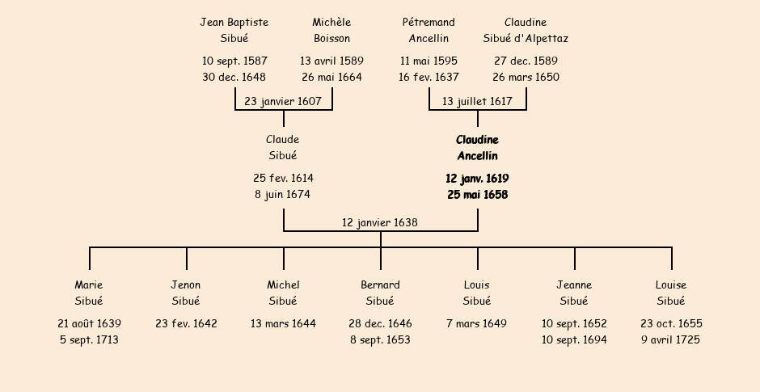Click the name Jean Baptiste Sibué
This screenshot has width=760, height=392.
tap(234, 30)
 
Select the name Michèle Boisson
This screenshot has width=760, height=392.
tap(331, 30)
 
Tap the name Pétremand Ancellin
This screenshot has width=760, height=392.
tap(429, 30)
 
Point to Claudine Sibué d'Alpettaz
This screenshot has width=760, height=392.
tap(526, 30)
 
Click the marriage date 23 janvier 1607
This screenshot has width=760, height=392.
tap(283, 102)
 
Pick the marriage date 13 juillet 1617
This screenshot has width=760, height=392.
tap(477, 102)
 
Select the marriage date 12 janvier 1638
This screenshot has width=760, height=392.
tap(380, 222)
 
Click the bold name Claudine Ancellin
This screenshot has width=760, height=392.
tap(477, 148)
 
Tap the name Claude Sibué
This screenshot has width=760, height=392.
tap(283, 148)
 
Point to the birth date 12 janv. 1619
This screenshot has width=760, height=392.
tap(477, 179)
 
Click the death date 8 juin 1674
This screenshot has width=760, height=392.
tap(281, 195)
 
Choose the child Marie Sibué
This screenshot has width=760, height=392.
tap(89, 293)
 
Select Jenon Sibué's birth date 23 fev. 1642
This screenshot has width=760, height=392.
tap(186, 324)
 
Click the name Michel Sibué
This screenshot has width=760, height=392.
tap(283, 293)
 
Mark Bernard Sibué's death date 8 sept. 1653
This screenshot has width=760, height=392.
tap(380, 340)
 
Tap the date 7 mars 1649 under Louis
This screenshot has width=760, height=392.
tap(477, 324)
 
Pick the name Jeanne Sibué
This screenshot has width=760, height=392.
tap(574, 293)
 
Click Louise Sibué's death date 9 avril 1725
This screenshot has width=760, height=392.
tap(671, 340)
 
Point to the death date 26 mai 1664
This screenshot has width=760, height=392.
tap(331, 78)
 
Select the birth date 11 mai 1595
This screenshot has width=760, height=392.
tap(429, 61)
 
